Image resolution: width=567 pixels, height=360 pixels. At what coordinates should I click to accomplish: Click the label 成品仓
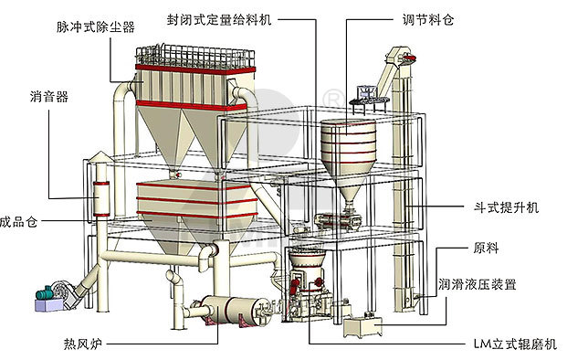[x=20, y=220]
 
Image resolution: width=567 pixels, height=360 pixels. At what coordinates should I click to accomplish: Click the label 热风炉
[x=82, y=344]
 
